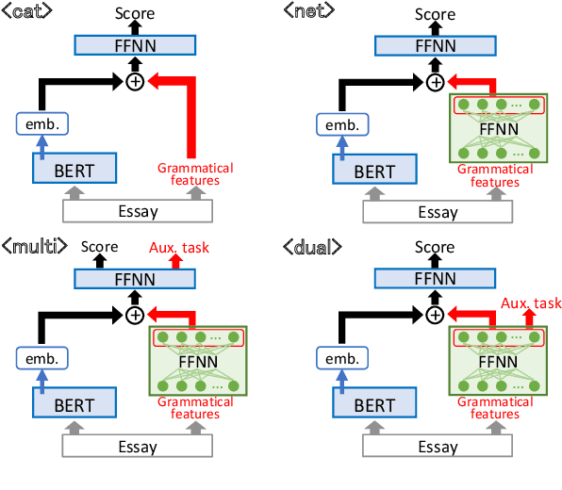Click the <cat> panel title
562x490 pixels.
click(26, 10)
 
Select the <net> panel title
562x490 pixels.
click(308, 10)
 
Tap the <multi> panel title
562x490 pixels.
click(34, 248)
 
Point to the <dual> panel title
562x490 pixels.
click(312, 248)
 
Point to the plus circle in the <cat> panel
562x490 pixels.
click(135, 83)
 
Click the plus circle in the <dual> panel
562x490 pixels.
click(435, 314)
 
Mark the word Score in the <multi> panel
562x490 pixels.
click(99, 248)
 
